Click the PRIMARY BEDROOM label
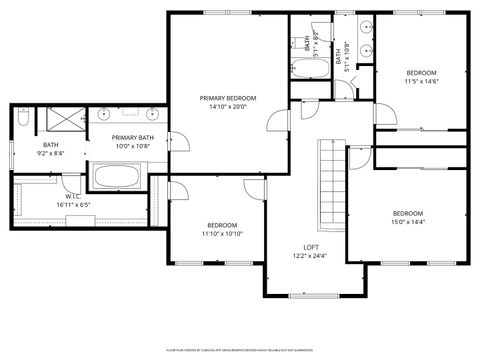pyautogui.click(x=228, y=98)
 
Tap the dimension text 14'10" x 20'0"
pyautogui.click(x=228, y=107)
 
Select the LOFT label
pyautogui.click(x=311, y=246)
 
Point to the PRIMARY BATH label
pyautogui.click(x=132, y=138)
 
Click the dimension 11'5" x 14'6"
pyautogui.click(x=421, y=82)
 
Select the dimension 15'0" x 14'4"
pyautogui.click(x=407, y=222)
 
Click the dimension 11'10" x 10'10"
pyautogui.click(x=221, y=233)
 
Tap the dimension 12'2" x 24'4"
pyautogui.click(x=311, y=255)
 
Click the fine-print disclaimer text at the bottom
pyautogui.click(x=240, y=350)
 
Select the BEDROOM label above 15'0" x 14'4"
pyautogui.click(x=407, y=213)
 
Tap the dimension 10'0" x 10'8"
pyautogui.click(x=132, y=147)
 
